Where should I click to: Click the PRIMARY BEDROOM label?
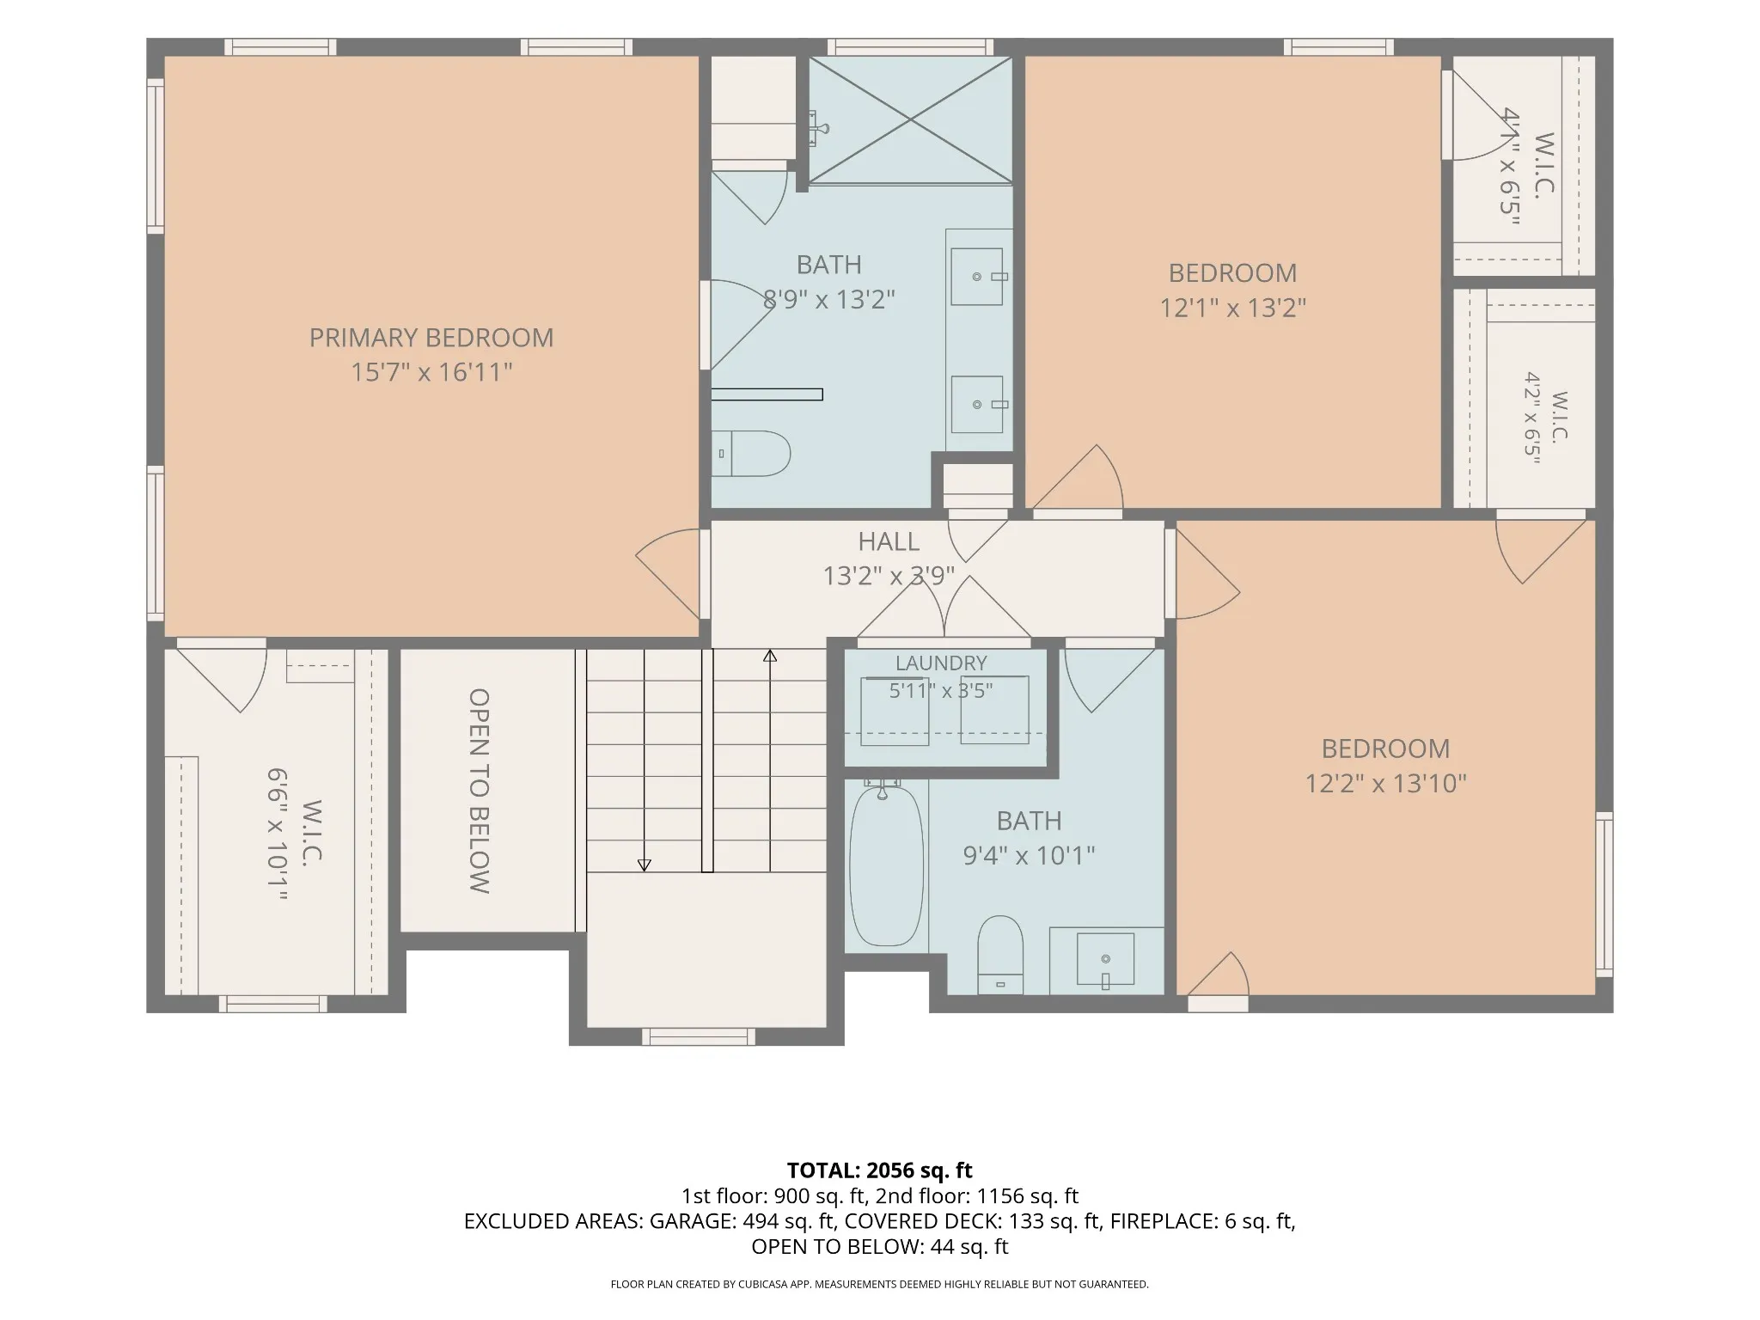431,338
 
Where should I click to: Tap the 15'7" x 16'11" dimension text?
431,372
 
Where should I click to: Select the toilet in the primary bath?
751,454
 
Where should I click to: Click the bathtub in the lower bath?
886,866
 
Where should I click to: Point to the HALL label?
889,541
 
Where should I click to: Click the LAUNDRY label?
941,663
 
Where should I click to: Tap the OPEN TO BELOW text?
480,791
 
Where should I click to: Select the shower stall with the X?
910,119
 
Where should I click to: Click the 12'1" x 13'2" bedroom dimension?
1233,308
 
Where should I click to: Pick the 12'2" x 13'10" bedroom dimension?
1385,784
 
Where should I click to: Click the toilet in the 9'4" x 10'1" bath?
1000,955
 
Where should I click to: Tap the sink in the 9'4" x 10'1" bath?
1105,959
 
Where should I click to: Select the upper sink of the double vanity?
977,277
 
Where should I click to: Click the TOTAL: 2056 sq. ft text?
880,1170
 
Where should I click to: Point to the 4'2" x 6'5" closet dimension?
1532,418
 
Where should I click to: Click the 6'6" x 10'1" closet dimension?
277,834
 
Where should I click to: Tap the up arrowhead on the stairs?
770,656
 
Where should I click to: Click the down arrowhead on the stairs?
645,865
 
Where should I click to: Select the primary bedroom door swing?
668,573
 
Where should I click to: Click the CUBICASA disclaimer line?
880,1285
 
